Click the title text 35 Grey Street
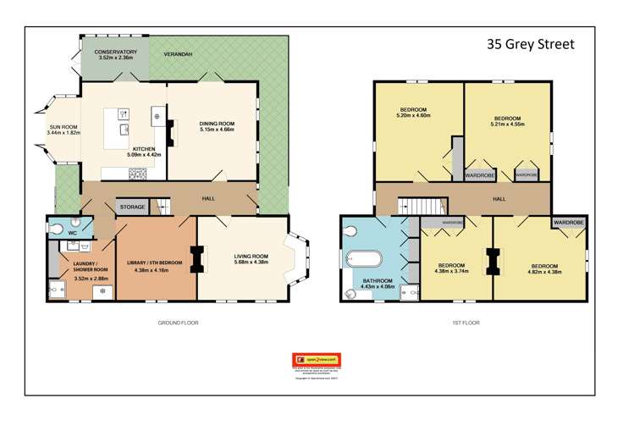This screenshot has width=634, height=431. coord(530,44)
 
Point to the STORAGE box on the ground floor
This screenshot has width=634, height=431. coord(132,207)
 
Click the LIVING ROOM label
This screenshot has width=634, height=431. coord(251,256)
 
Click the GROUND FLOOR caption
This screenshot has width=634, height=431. coord(178,323)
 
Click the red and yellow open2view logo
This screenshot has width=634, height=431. coord(317,359)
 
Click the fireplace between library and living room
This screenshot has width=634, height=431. coord(197,258)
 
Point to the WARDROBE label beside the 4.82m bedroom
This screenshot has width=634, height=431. coord(569,222)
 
